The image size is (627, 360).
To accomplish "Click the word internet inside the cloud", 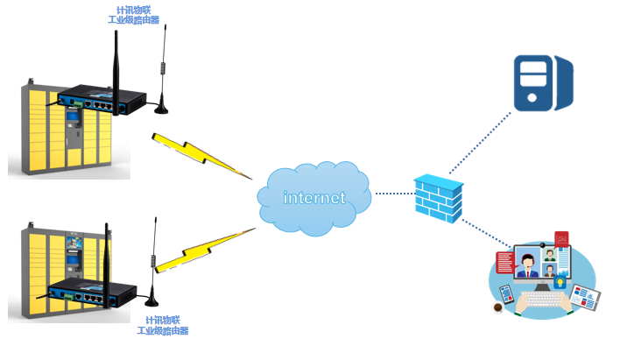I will point(313,197).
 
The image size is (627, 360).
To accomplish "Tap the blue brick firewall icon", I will point(437,199).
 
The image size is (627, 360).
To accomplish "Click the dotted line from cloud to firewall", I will point(393,193).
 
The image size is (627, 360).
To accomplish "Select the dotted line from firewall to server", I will point(480,144).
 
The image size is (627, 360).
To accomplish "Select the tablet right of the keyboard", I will point(585,296).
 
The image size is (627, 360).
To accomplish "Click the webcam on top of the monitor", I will point(542,244).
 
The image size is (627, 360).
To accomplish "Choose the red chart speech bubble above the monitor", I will point(562,237).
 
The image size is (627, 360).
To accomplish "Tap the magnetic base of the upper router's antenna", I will point(162,109).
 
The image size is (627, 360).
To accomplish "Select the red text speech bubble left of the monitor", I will point(504,262).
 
